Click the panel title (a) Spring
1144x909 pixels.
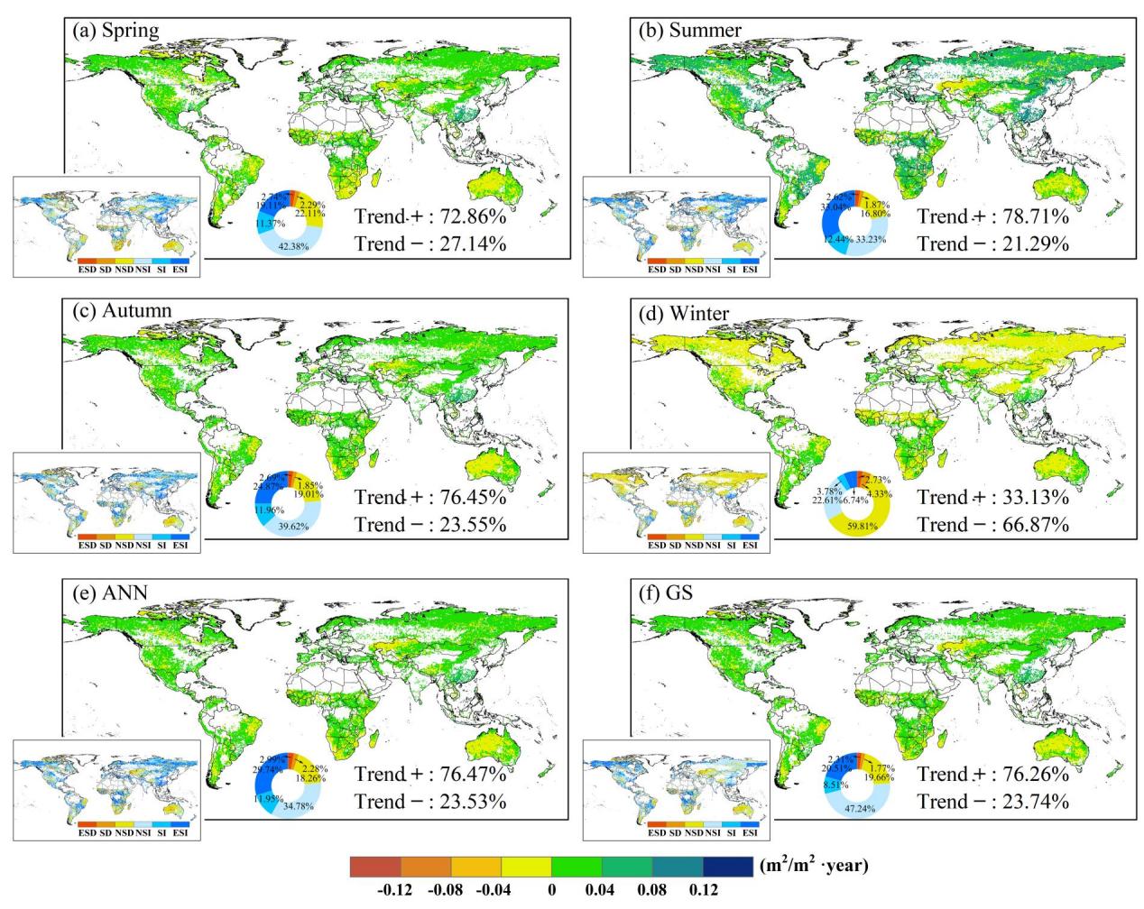[x=115, y=30]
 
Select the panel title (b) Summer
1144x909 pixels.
[x=690, y=30]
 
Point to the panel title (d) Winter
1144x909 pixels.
[x=685, y=313]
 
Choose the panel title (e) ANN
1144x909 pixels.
[x=110, y=592]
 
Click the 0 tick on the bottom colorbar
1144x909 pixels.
[x=551, y=891]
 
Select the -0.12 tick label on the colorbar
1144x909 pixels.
[x=393, y=891]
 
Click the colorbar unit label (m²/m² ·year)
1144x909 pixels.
[x=815, y=867]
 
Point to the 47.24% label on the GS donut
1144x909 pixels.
[x=864, y=808]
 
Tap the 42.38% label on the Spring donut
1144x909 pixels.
[x=294, y=248]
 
